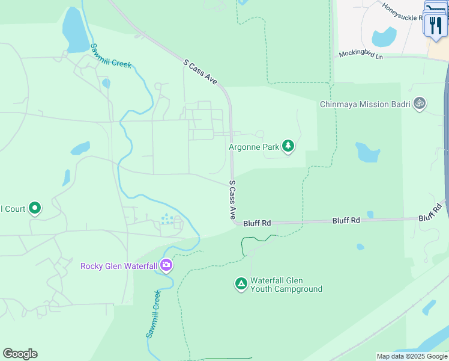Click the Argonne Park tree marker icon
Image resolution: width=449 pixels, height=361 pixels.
(288, 146)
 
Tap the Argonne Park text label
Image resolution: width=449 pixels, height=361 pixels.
(255, 147)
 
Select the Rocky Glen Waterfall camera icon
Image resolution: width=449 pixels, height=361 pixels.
(166, 265)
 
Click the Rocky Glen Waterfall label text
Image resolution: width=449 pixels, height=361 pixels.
(119, 265)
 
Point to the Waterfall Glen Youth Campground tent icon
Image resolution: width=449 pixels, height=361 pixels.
(241, 283)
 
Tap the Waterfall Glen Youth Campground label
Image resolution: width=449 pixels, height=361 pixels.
(286, 285)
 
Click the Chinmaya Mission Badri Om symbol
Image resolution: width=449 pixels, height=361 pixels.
(420, 104)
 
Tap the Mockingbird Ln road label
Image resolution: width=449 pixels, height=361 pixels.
(361, 54)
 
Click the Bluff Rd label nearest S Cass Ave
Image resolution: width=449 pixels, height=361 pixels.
(258, 223)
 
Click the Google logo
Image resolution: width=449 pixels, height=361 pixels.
(20, 354)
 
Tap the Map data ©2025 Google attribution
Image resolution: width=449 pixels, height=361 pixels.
(412, 356)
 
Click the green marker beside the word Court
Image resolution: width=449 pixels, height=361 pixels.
(35, 209)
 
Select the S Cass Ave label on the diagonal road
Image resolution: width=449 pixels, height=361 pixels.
(200, 71)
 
